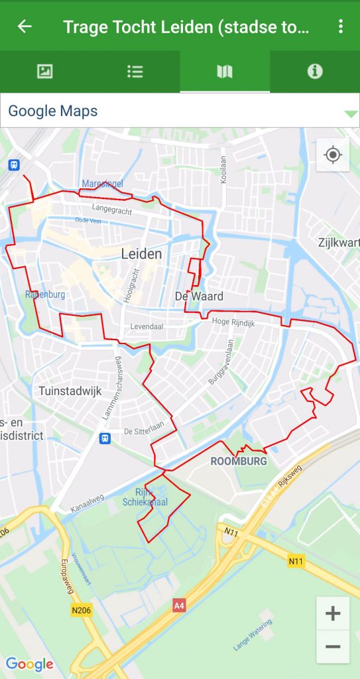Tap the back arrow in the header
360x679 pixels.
(25, 26)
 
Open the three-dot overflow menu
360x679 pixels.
(341, 26)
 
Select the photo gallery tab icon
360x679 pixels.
(45, 72)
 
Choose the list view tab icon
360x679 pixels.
(135, 72)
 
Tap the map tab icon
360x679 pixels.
(225, 72)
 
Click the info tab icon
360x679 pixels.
(315, 72)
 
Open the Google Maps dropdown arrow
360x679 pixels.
(351, 113)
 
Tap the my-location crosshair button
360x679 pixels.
(333, 155)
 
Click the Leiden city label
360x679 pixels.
(141, 253)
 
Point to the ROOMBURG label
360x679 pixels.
(239, 461)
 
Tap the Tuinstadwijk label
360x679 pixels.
(70, 391)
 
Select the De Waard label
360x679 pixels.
(199, 296)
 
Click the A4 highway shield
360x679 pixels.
(179, 605)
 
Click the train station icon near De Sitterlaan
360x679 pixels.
(105, 438)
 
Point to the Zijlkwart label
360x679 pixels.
(339, 242)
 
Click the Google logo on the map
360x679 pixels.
(30, 664)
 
